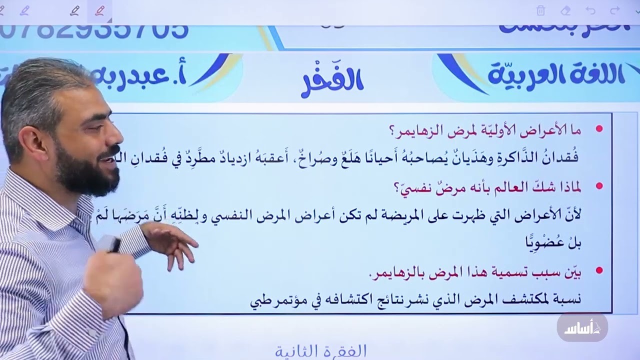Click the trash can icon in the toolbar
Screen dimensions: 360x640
coord(540,10)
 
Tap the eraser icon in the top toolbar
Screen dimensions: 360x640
coord(565,10)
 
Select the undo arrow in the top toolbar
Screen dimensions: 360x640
coord(590,10)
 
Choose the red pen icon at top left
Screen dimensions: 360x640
coord(100,10)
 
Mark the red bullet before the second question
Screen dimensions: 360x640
coord(599,186)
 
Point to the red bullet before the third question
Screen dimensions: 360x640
coord(599,271)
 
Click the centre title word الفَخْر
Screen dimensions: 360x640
coord(332,81)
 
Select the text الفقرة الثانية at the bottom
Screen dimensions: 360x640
coord(320,351)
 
